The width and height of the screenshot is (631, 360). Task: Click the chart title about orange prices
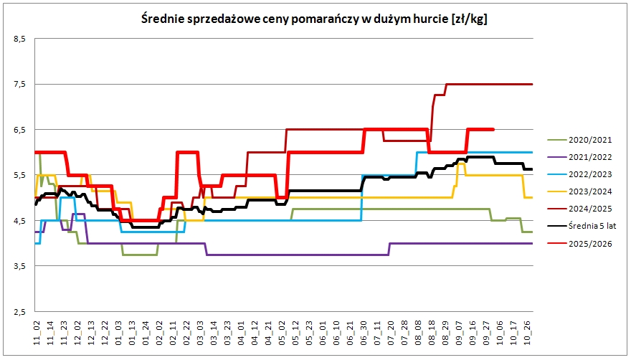(x=314, y=19)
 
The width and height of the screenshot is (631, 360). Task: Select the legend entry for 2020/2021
(x=579, y=140)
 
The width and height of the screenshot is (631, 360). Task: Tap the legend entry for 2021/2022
(x=579, y=157)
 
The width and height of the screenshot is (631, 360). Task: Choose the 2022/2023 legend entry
(x=579, y=174)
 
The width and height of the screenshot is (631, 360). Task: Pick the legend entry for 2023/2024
(x=579, y=191)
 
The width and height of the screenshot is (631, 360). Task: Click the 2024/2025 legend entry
(x=579, y=209)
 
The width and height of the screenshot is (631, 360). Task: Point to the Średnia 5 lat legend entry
(x=582, y=226)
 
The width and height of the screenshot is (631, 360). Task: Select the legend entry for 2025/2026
(x=579, y=244)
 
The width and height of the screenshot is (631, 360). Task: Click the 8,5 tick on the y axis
(x=20, y=39)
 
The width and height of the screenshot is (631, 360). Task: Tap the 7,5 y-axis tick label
(x=20, y=85)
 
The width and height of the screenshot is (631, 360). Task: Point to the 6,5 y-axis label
(x=20, y=130)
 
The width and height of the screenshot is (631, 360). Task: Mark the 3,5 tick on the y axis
(x=20, y=266)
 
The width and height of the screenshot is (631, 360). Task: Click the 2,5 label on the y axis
(x=20, y=312)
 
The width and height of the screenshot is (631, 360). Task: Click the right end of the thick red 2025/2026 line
(x=493, y=129)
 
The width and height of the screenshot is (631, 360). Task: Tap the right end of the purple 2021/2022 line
(x=532, y=243)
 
